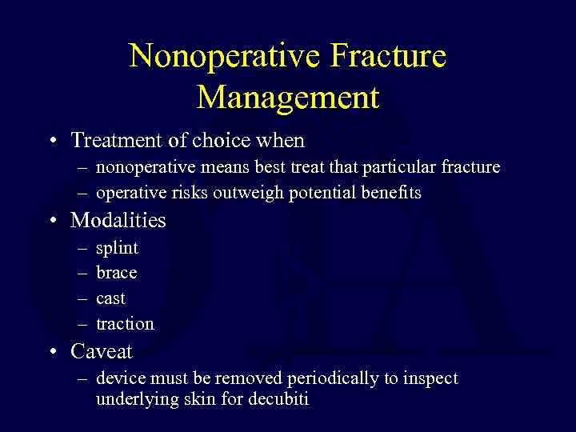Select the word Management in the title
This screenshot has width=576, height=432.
click(288, 97)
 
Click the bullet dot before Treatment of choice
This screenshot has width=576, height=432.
click(51, 142)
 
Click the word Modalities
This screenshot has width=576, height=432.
click(118, 220)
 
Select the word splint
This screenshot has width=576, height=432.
click(117, 248)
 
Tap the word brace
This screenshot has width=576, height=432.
click(117, 273)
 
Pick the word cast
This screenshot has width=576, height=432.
click(110, 298)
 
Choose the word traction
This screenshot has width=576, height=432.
click(125, 324)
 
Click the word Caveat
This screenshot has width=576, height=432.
click(102, 351)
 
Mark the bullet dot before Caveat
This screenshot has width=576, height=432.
click(51, 352)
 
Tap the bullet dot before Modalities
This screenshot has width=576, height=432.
click(51, 221)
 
